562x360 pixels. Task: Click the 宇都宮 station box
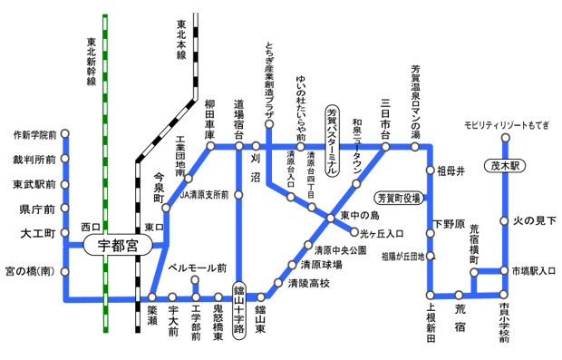point(120,245)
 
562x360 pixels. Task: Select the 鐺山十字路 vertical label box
point(239,309)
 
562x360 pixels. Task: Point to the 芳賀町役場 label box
point(401,196)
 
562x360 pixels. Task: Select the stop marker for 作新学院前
point(65,135)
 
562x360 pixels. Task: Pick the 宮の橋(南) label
point(29,270)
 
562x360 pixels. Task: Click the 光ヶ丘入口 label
point(381,232)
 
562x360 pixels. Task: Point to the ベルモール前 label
point(199,268)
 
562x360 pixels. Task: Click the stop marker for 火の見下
point(504,220)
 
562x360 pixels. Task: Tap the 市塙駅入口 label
point(529,270)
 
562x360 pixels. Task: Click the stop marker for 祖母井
point(430,170)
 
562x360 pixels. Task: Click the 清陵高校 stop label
point(308,284)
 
